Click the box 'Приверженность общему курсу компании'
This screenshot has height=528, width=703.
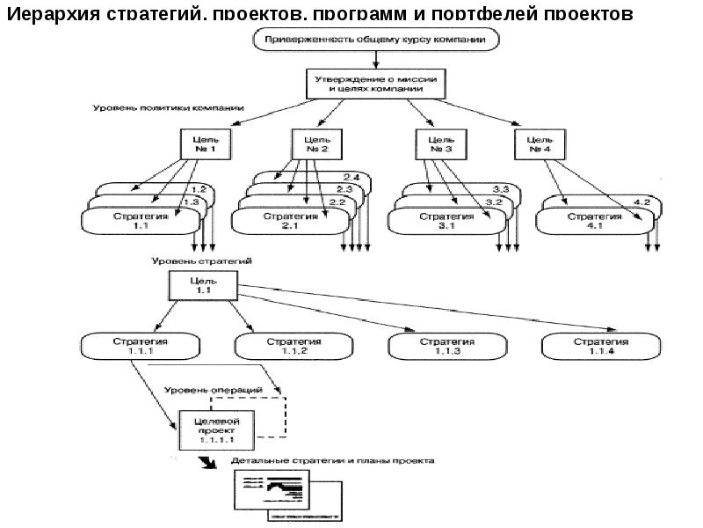375,40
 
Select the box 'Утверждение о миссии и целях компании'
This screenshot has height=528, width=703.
375,84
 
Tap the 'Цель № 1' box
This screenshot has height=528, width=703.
206,144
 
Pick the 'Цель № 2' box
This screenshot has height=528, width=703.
316,144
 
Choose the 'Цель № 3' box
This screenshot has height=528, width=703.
439,144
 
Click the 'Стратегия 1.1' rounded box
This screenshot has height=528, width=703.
135,221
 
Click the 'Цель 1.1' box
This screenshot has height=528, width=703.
202,284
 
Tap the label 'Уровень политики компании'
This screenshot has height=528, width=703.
168,108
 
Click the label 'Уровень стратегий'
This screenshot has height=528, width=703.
201,261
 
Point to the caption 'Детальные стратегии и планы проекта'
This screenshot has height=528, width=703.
331,461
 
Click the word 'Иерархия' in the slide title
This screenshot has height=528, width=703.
62,15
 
